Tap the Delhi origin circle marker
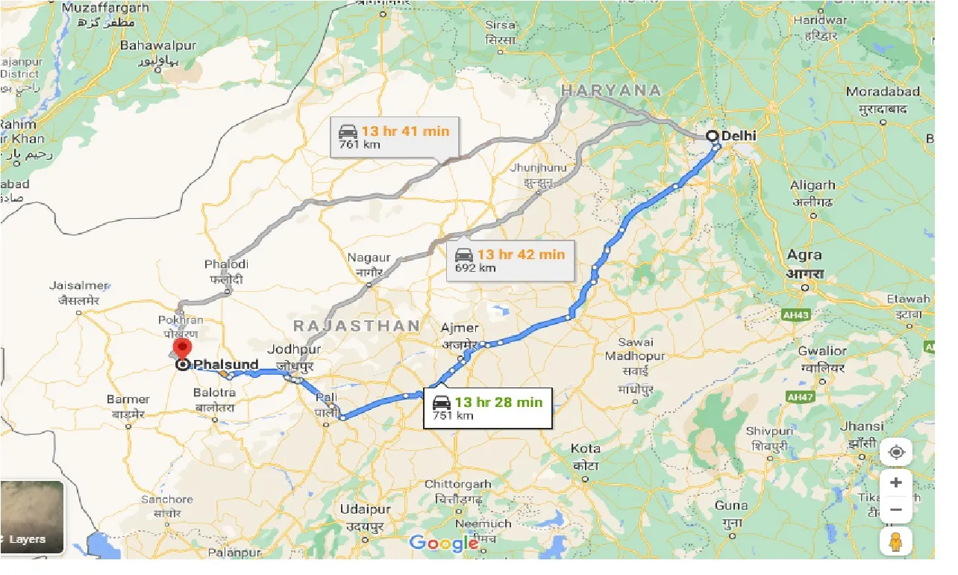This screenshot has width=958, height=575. (712, 136)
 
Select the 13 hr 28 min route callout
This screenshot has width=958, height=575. (488, 408)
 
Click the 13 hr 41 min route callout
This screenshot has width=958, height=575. (395, 137)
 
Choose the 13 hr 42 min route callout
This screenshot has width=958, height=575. (510, 260)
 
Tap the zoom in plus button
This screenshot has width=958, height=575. (896, 482)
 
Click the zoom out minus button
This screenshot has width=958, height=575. (896, 510)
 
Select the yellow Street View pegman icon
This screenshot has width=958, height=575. (896, 541)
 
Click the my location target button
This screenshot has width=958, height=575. (896, 453)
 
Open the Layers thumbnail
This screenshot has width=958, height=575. (32, 517)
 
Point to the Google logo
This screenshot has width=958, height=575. (444, 544)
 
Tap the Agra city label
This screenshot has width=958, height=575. (804, 255)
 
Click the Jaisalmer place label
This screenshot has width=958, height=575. (79, 285)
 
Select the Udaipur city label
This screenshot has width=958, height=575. (365, 509)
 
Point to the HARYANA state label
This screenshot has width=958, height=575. (611, 90)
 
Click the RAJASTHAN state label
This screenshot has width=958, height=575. (357, 326)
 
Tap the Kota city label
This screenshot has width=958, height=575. (586, 449)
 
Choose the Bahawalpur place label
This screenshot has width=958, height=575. (158, 46)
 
